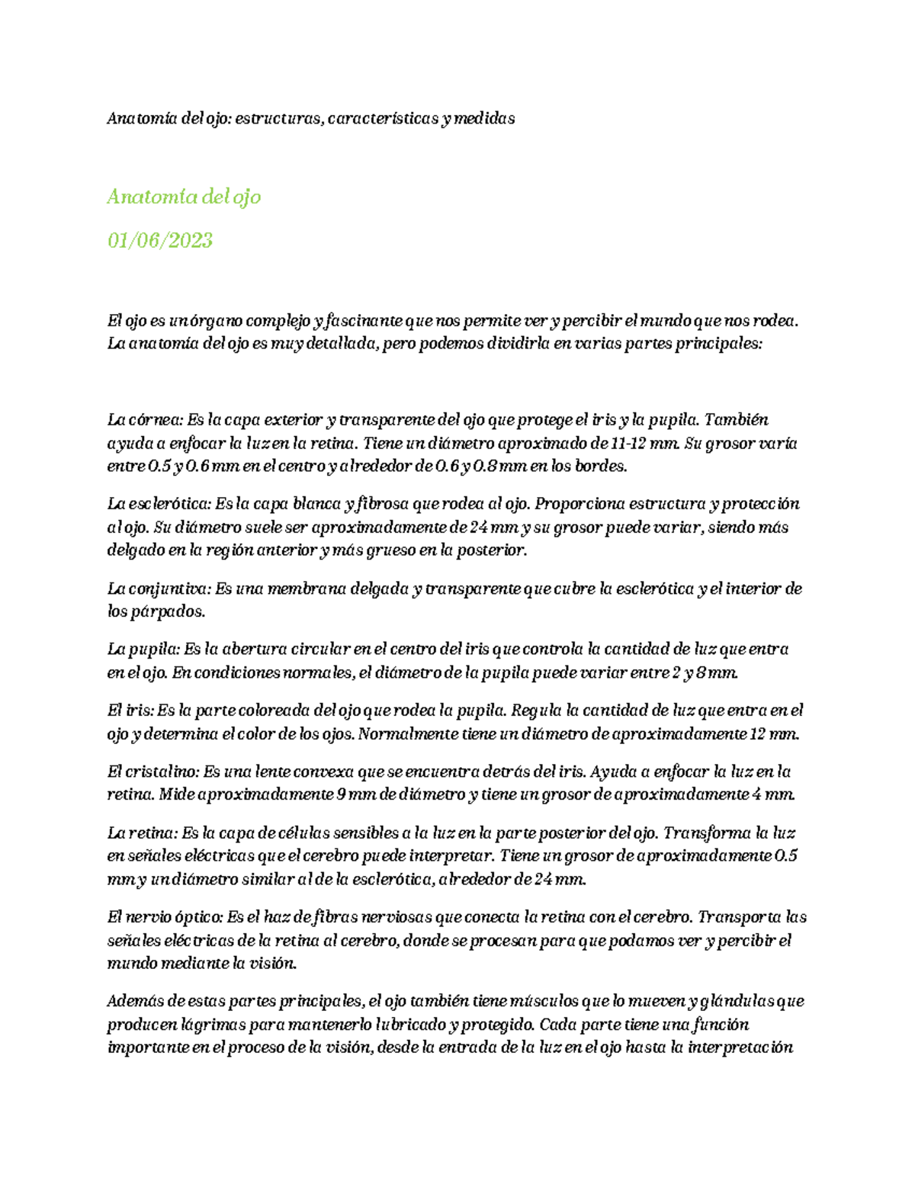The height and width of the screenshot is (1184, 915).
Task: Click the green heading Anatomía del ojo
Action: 184,197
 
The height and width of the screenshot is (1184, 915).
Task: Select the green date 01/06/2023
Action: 160,240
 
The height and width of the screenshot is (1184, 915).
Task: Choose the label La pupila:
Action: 143,650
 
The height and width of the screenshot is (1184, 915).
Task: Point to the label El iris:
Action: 130,711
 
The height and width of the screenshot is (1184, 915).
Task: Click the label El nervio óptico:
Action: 165,917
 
